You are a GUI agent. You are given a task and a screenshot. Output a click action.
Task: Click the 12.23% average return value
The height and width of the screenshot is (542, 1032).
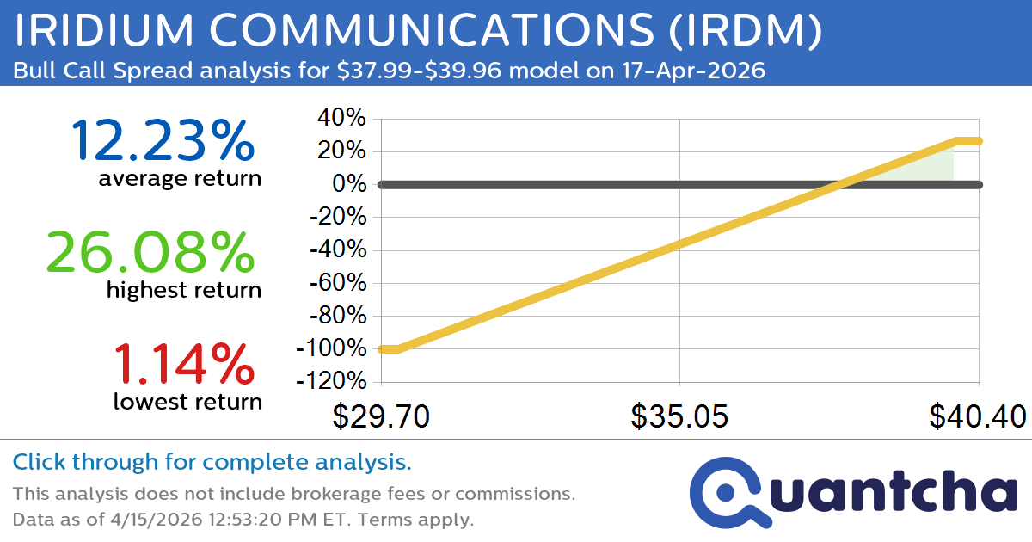tap(163, 140)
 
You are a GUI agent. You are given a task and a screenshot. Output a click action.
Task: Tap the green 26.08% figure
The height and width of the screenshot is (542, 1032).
tap(150, 252)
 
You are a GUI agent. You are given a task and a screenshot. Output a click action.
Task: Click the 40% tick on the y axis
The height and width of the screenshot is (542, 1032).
tap(343, 119)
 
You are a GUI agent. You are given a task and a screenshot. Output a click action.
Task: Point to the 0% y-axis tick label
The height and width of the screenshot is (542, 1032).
tap(351, 184)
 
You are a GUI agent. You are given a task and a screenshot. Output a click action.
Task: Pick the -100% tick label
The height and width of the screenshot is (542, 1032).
tap(331, 348)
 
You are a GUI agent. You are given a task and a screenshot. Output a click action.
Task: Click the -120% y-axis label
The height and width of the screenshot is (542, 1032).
tap(331, 381)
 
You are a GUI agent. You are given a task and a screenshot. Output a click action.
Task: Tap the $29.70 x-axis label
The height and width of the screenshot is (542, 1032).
tap(381, 417)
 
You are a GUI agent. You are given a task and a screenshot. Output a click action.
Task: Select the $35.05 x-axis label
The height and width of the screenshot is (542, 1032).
tap(679, 417)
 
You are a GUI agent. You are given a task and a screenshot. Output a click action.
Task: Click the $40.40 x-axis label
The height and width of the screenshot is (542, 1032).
tap(977, 417)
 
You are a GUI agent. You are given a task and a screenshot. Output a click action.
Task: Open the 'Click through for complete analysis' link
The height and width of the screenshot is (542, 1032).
tap(212, 463)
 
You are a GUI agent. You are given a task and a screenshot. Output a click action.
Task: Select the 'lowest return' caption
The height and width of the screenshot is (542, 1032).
tap(187, 401)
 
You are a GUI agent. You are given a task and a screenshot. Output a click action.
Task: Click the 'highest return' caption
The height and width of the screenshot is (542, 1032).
tap(184, 290)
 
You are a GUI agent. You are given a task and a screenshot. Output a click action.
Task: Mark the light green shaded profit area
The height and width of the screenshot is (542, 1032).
tap(933, 168)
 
